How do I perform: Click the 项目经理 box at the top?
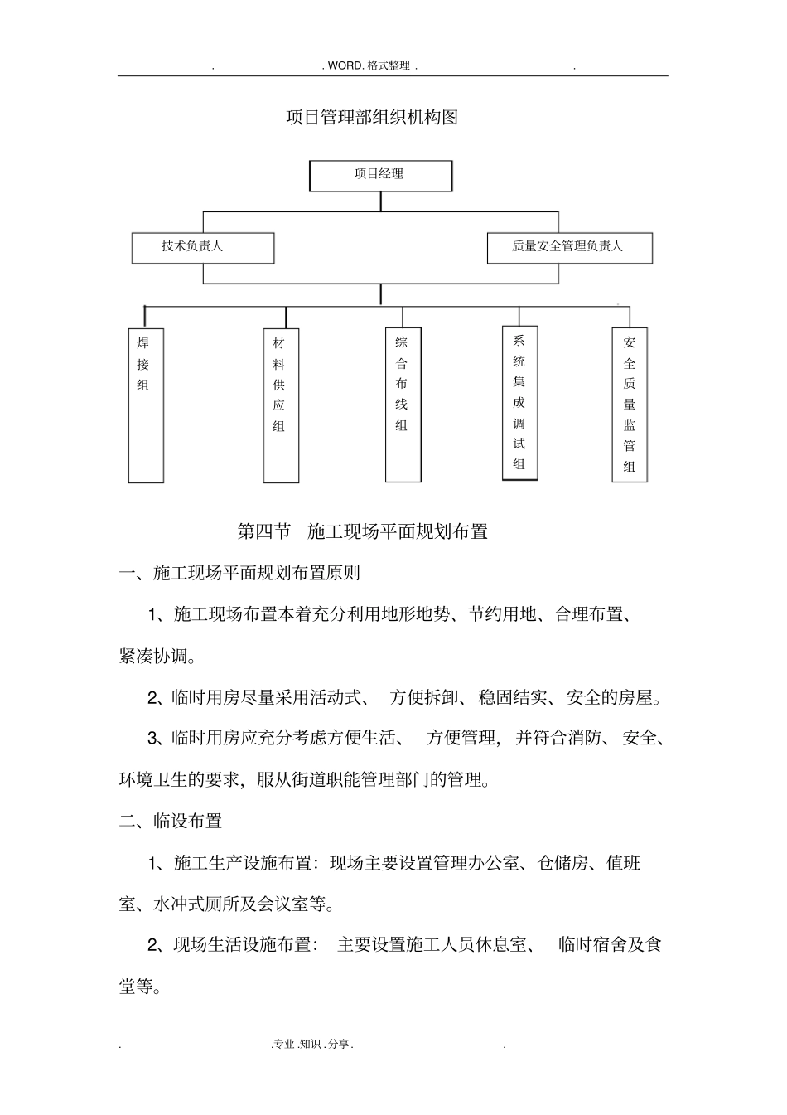pyautogui.click(x=380, y=175)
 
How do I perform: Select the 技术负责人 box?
pyautogui.click(x=202, y=247)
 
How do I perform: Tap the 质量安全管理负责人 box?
pyautogui.click(x=569, y=247)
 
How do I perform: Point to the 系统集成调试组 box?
pyautogui.click(x=519, y=402)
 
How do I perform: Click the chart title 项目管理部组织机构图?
pyautogui.click(x=371, y=118)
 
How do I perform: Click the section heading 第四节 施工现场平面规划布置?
pyautogui.click(x=362, y=531)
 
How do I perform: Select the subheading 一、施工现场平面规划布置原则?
pyautogui.click(x=239, y=573)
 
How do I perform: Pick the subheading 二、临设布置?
pyautogui.click(x=171, y=821)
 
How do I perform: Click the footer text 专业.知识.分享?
pyautogui.click(x=312, y=1045)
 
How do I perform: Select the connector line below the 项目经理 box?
pyautogui.click(x=380, y=201)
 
